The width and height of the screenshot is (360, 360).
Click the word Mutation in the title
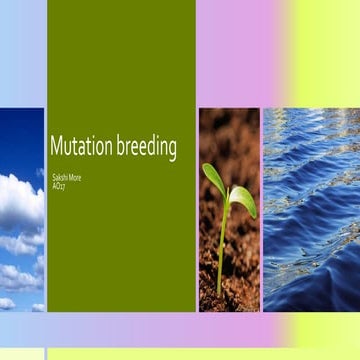coord(81,148)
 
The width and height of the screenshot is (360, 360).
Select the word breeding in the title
coord(146,149)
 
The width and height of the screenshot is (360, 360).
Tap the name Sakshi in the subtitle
coord(60,175)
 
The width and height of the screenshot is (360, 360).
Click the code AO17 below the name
coord(59,184)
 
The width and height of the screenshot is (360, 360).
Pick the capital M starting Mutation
coord(56,147)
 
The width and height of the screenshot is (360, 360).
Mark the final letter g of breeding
coord(172,152)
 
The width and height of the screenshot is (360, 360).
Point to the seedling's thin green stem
coord(222,240)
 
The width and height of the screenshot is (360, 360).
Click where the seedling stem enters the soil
coord(219,292)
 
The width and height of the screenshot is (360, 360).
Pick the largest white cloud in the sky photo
coord(20,200)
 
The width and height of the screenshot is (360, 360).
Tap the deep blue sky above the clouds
coord(22,135)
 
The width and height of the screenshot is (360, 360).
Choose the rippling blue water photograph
coord(310,210)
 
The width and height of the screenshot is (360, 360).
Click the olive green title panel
coord(121,60)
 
